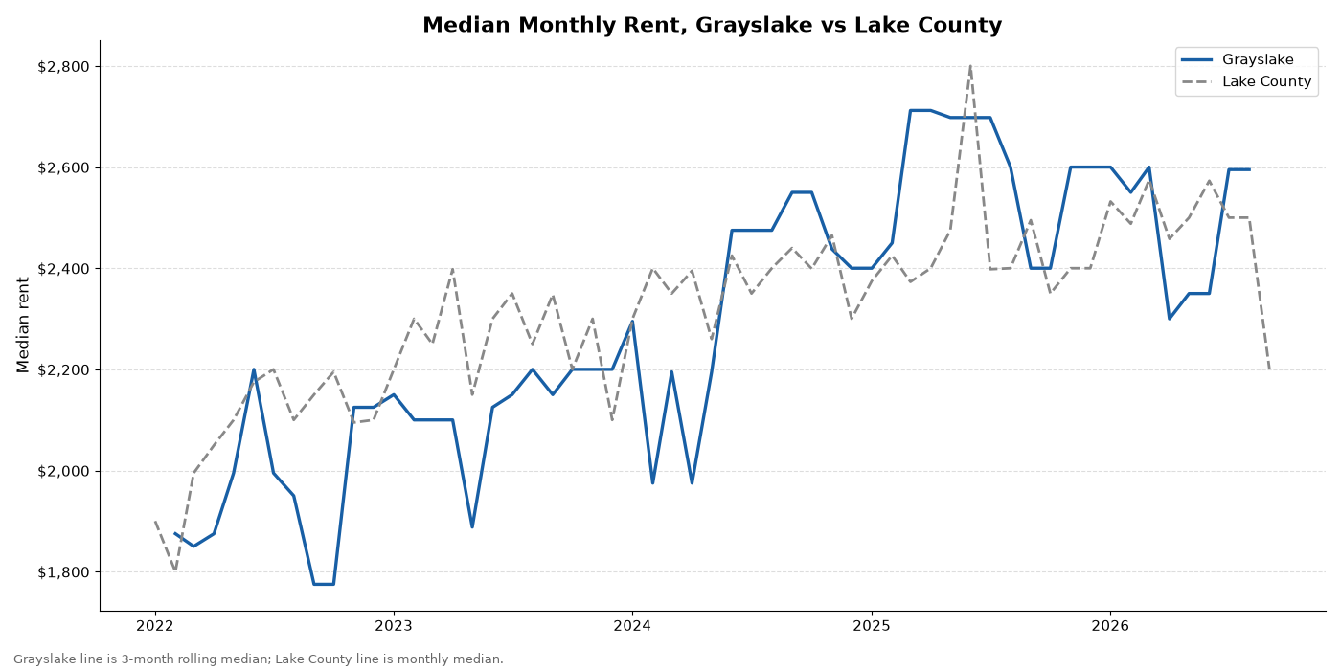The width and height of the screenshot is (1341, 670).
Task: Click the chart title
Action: pos(713,25)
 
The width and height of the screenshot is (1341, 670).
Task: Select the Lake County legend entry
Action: pos(1246,81)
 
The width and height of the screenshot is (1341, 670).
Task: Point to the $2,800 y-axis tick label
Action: pos(64,66)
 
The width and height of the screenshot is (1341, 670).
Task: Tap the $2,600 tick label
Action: pos(64,167)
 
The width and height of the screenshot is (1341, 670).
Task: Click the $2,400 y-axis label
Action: pos(64,269)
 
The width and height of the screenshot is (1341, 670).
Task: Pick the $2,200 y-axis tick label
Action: pos(64,369)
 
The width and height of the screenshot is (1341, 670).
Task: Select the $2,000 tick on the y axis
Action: pos(64,471)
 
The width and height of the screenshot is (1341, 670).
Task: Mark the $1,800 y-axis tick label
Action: pos(64,572)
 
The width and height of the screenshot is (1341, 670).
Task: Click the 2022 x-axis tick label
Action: pos(155,626)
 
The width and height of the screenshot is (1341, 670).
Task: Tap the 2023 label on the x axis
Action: pos(394,626)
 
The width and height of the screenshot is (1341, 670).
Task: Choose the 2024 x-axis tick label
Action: pos(632,626)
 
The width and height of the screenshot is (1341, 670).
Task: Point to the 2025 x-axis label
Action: pos(872,626)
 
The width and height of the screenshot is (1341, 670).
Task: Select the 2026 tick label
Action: pos(1110,626)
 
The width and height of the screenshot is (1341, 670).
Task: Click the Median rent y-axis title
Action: pos(23,324)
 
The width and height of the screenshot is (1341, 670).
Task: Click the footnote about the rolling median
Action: pos(258,659)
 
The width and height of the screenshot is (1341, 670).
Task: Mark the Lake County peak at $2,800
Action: pos(969,66)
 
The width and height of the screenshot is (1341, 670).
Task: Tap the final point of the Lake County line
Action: pos(1269,369)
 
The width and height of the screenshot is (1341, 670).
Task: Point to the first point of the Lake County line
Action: pos(155,522)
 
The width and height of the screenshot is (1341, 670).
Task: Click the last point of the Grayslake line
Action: pos(1249,170)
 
